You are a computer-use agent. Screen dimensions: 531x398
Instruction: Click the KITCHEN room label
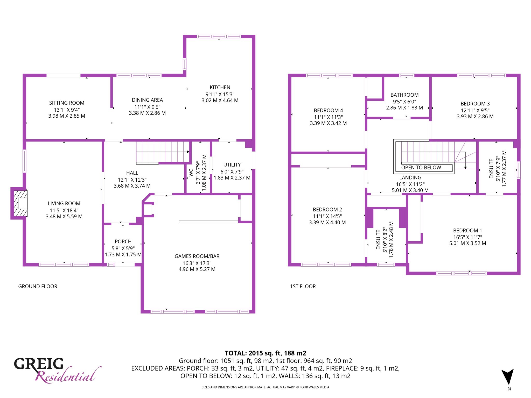[x=220, y=88]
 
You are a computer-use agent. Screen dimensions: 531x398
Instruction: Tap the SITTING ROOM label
[x=67, y=103]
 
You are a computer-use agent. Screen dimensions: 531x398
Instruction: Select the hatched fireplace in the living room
[x=20, y=203]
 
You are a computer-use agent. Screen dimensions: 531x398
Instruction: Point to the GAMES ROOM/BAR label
[x=197, y=256]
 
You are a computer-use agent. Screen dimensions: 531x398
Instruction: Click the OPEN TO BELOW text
[x=421, y=168]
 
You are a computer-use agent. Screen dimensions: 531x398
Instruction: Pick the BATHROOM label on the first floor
[x=404, y=95]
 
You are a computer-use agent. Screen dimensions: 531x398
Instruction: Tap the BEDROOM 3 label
[x=475, y=104]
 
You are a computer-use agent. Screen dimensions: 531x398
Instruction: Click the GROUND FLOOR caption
[x=38, y=286]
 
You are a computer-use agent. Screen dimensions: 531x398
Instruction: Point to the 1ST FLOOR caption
[x=303, y=286]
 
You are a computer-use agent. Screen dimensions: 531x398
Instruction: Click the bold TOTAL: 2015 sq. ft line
[x=265, y=353]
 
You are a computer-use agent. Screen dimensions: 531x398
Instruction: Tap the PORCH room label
[x=123, y=241]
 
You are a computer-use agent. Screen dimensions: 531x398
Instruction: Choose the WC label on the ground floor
[x=191, y=173]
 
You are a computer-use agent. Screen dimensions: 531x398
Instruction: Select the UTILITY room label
[x=232, y=165]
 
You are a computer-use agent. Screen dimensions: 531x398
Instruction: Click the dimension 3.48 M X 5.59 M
[x=64, y=216]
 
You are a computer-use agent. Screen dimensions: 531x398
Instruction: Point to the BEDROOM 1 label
[x=467, y=230]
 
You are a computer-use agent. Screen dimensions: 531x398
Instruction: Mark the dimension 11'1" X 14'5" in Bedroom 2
[x=327, y=216]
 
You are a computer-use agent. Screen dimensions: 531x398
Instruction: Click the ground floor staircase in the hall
[x=163, y=152]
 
